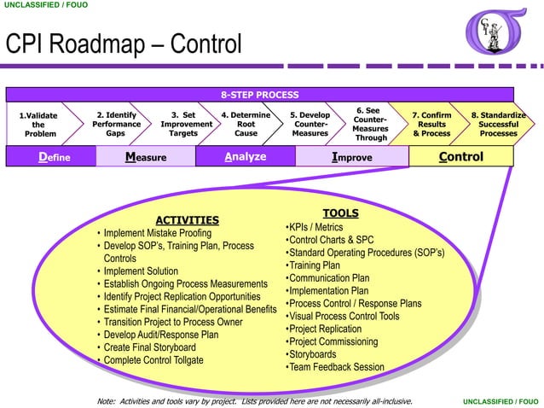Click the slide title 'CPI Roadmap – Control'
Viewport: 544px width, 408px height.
click(124, 44)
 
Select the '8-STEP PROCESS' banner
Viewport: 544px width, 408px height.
click(260, 95)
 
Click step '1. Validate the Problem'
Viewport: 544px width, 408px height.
click(39, 124)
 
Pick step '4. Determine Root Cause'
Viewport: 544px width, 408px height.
click(246, 124)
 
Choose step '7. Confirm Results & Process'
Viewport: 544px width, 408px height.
click(431, 124)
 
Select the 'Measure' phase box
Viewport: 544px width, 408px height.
click(146, 157)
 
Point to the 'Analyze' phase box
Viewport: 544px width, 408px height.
click(246, 157)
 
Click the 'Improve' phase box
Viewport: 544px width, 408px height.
click(351, 157)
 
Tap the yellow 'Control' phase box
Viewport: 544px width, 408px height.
click(460, 157)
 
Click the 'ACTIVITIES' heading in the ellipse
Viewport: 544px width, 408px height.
click(187, 220)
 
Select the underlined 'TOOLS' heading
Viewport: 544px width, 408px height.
click(340, 213)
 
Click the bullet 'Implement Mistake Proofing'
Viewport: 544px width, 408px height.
click(157, 233)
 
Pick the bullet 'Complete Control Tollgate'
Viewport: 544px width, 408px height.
click(153, 360)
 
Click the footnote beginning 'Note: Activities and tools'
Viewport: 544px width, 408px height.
click(255, 400)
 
